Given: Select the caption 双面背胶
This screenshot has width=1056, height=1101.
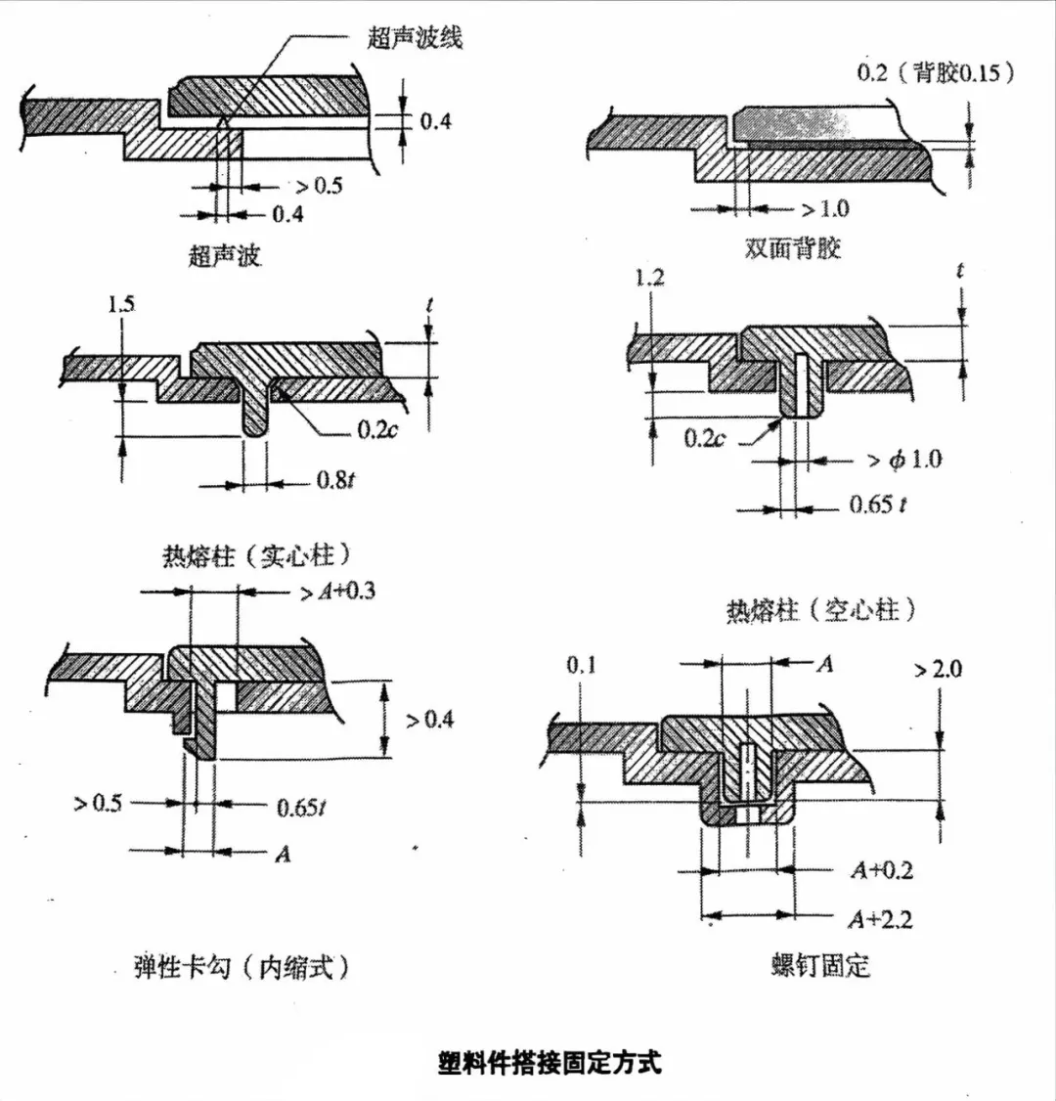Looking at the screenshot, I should point(793,247).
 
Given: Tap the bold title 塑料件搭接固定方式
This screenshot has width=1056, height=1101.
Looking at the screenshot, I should point(550,1063).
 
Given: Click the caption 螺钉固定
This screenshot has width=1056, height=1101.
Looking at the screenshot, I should point(819,967).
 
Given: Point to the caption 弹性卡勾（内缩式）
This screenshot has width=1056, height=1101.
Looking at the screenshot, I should point(242,968).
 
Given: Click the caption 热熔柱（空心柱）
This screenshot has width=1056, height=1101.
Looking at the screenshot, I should point(821,611).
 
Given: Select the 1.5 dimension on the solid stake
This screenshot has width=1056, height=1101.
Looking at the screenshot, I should point(122,304).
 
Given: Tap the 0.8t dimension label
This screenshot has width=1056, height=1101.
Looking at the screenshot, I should point(333,480).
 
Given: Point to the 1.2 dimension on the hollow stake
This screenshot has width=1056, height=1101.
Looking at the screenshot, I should point(649,278).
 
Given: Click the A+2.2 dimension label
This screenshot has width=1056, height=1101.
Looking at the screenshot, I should point(882,918).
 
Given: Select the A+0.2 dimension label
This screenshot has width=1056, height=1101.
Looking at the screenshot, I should point(882,869).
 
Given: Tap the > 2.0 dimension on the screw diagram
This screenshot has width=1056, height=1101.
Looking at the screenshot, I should point(938,669).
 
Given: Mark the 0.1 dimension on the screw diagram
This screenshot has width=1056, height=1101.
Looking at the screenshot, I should point(581,666).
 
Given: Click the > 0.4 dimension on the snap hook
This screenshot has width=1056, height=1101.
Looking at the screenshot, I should point(430,721).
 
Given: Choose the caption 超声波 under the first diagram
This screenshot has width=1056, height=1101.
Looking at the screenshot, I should point(225,256).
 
